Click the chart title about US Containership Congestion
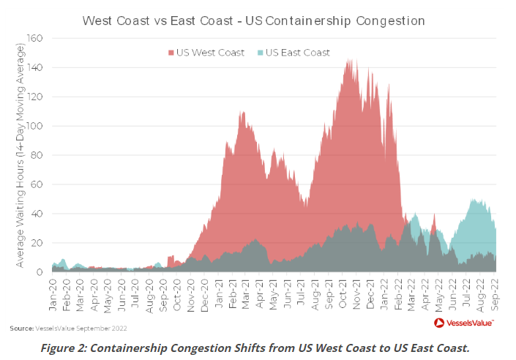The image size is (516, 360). point(254,20)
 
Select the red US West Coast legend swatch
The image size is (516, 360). point(171,53)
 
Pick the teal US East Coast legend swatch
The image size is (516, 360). point(260,53)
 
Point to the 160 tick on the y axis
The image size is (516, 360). point(37,38)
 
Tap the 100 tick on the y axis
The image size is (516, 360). point(37,126)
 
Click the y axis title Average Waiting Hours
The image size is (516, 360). point(21,155)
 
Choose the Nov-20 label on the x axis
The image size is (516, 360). point(192,292)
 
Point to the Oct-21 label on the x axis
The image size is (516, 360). point(344,292)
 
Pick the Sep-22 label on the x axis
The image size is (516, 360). point(496,292)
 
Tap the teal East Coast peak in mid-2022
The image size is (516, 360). point(476,200)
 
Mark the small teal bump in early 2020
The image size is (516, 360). point(64,260)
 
